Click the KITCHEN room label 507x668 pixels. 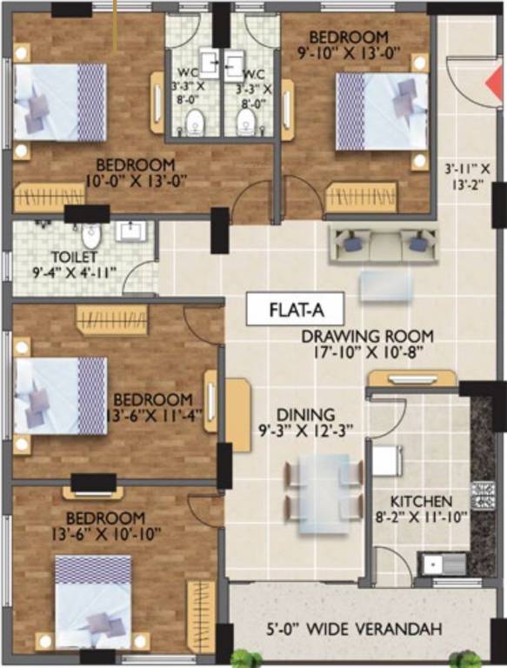tap(421, 502)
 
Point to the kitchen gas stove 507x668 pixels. tap(481, 496)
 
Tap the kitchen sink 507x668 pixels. tap(432, 564)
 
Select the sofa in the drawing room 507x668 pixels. tap(380, 242)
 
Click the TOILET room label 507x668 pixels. tap(69, 257)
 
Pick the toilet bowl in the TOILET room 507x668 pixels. tap(90, 235)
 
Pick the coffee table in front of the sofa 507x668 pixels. tap(381, 285)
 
